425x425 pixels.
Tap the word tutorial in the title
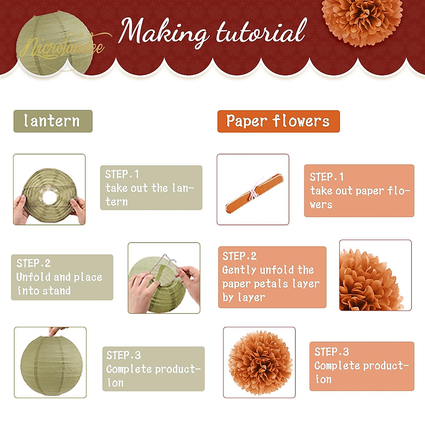(x=261, y=32)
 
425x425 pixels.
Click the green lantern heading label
(x=53, y=121)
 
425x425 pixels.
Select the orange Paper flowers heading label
(x=278, y=121)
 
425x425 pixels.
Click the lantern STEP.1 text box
(x=151, y=188)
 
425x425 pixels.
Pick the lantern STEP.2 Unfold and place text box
(x=62, y=277)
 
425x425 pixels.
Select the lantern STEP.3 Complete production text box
(x=153, y=369)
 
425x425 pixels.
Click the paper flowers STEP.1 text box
(x=359, y=191)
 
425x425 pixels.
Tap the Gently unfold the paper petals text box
(x=272, y=277)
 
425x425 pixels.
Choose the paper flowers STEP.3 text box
(x=362, y=366)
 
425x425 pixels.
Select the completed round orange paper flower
(x=260, y=363)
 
